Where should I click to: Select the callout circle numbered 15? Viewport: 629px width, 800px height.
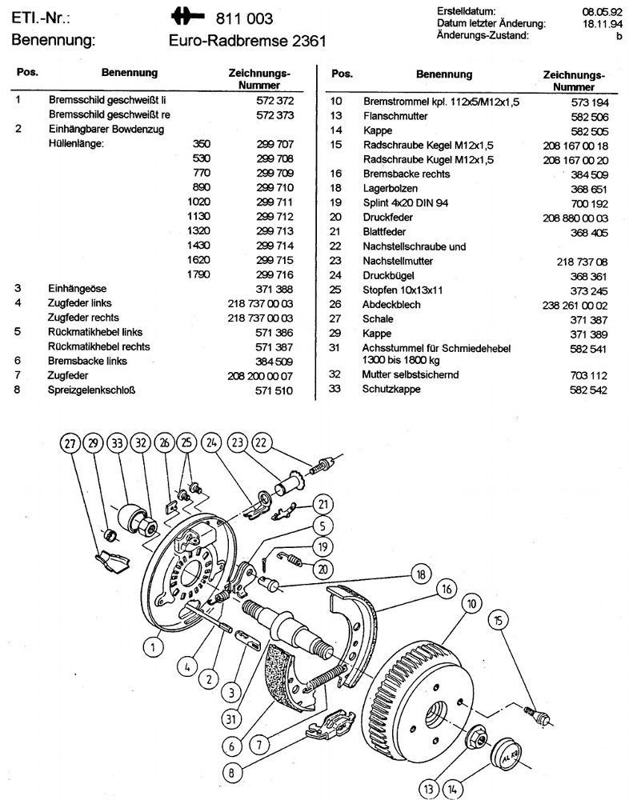pos(499,620)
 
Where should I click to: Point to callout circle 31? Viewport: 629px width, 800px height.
pos(231,718)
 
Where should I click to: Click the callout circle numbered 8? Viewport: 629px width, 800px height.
pos(232,774)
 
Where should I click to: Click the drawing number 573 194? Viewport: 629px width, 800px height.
pos(587,102)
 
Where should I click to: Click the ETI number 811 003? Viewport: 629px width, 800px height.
pos(244,18)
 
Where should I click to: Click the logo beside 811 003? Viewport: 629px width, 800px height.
pos(191,17)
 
